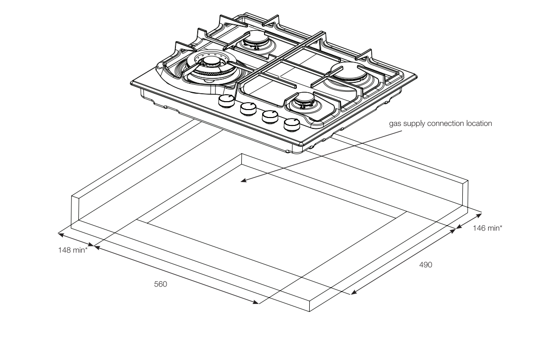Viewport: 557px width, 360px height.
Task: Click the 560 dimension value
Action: (161, 284)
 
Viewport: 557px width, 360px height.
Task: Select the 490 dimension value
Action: (426, 265)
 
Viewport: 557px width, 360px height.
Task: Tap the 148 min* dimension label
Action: (73, 250)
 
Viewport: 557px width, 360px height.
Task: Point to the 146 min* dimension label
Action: (488, 228)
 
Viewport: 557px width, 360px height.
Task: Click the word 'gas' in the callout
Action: (394, 124)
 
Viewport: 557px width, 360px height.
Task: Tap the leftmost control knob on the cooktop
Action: (226, 101)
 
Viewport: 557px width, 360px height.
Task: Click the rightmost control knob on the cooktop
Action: (292, 123)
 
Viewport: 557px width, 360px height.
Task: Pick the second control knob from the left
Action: (248, 109)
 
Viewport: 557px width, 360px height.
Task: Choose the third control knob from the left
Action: (271, 116)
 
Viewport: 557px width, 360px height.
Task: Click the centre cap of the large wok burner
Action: (212, 62)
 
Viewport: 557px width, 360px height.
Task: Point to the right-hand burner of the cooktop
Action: (347, 73)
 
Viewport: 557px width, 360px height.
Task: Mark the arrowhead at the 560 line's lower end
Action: (256, 302)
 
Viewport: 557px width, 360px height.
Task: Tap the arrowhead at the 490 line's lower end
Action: (354, 292)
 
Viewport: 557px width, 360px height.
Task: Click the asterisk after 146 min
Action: (501, 227)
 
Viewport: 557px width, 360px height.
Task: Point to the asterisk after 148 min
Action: (86, 248)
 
